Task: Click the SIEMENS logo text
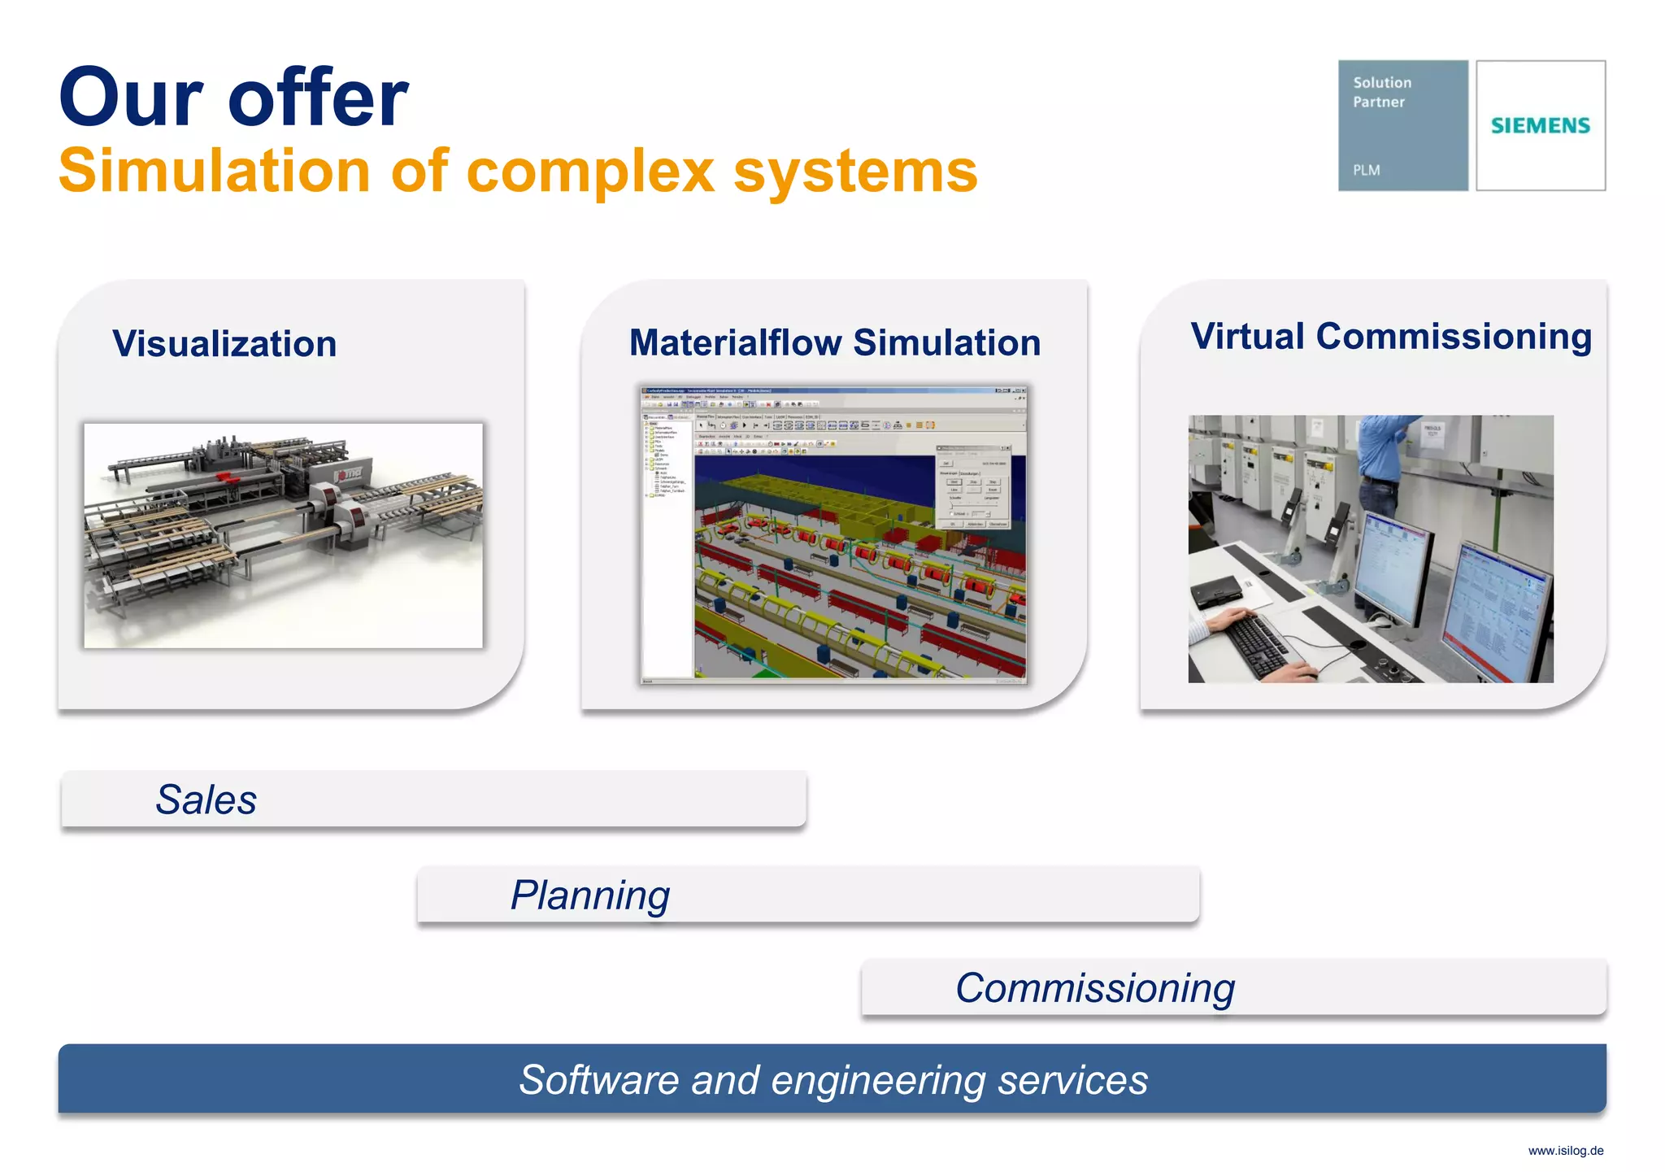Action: click(1540, 125)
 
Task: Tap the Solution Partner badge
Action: click(1402, 125)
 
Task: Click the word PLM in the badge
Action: click(1366, 170)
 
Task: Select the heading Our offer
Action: click(233, 98)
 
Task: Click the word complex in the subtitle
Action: click(590, 172)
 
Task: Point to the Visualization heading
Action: click(224, 343)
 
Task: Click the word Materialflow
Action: click(735, 342)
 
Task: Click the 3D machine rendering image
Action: click(283, 535)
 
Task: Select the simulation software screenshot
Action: click(833, 534)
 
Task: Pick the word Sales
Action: click(206, 799)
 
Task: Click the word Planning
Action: click(590, 895)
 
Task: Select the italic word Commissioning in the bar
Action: click(1094, 988)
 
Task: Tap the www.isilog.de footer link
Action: click(1565, 1151)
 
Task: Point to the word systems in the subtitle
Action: click(855, 172)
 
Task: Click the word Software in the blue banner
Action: click(598, 1080)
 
